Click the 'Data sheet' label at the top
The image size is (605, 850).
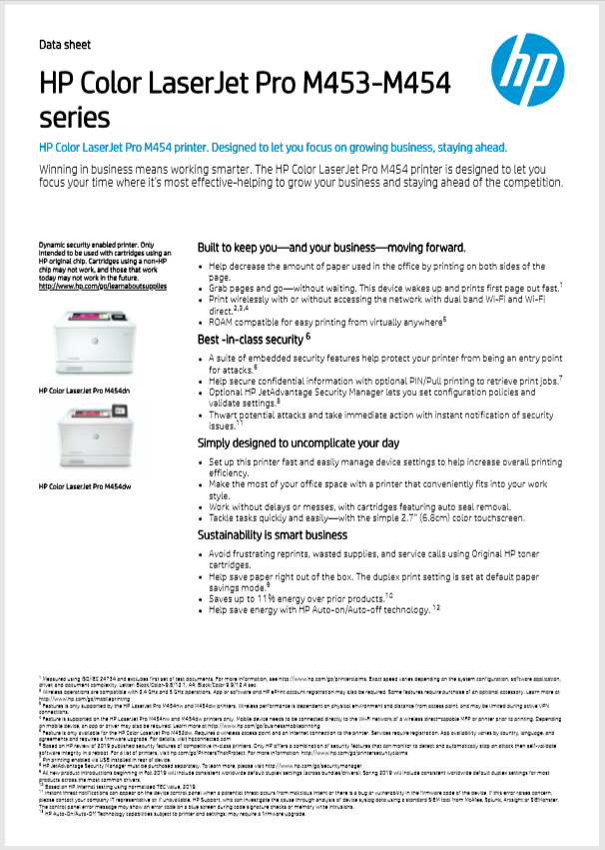[x=64, y=45]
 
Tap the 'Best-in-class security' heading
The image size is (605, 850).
[x=251, y=340]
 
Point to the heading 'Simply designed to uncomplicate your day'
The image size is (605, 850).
[x=299, y=442]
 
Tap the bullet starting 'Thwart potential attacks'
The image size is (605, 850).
[x=380, y=418]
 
